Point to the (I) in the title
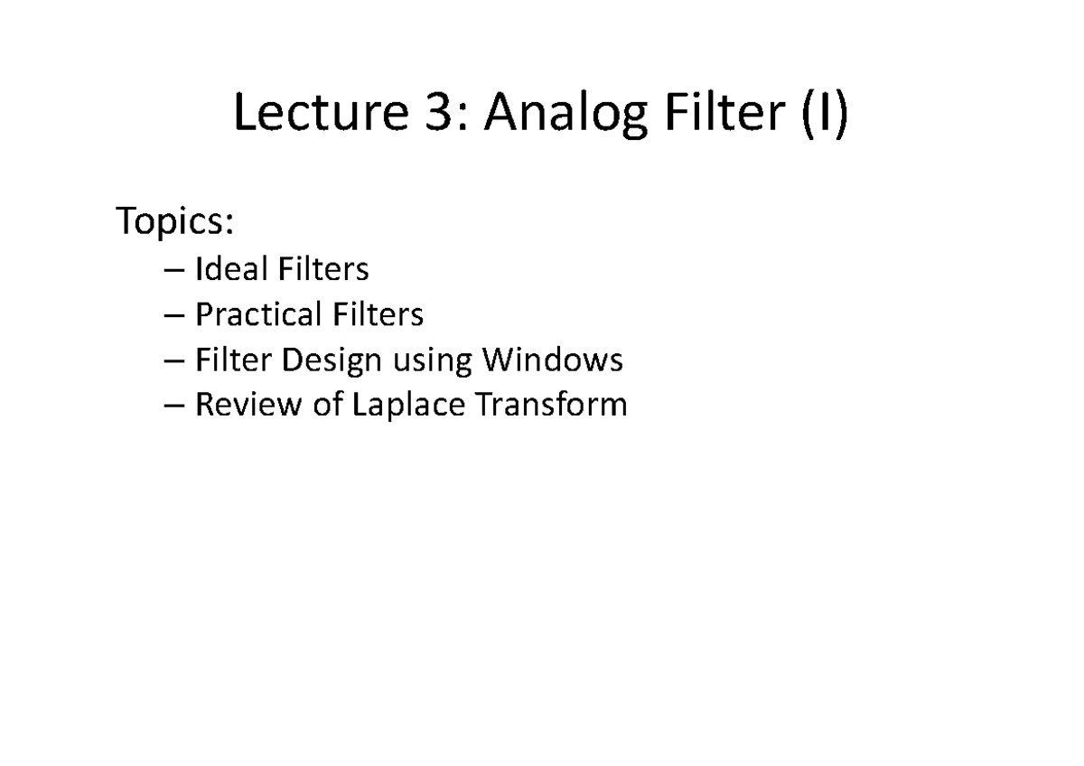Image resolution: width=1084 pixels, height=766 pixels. click(825, 117)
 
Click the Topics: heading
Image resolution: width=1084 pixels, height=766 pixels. click(175, 222)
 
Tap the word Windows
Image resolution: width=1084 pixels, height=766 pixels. click(552, 360)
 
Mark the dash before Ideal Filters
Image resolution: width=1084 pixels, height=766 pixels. click(177, 269)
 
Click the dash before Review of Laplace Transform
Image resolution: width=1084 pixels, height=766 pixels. click(177, 406)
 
